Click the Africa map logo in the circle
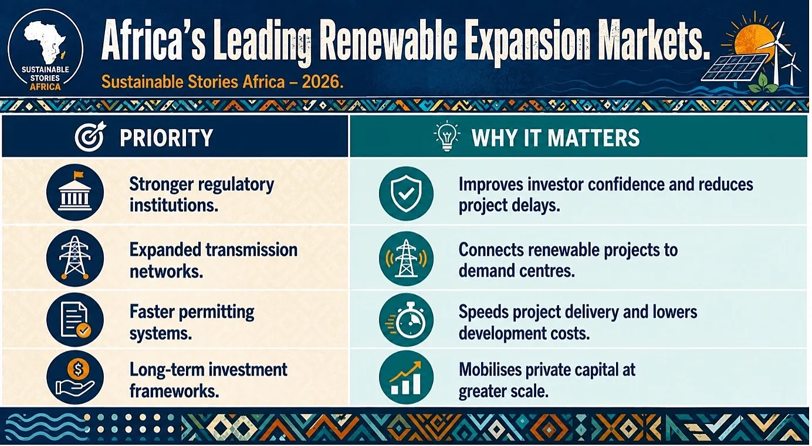point(45,42)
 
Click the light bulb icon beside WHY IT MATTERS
point(447,136)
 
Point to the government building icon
point(75,192)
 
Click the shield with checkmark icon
point(406,193)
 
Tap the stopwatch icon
point(406,320)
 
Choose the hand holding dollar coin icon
point(75,377)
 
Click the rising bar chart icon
point(406,377)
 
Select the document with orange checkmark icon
point(75,320)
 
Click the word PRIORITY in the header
point(167,138)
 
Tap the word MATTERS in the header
point(593,138)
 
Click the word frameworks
point(174,391)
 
